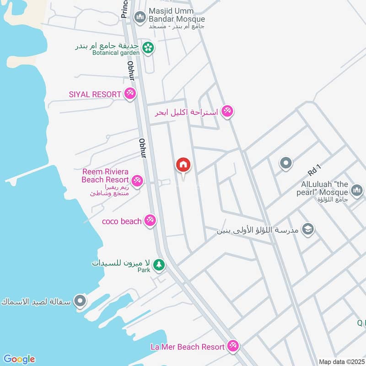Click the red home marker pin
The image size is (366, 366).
183,165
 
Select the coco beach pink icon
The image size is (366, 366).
149,221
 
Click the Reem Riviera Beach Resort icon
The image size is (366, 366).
137,180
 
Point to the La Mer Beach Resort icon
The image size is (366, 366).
233,346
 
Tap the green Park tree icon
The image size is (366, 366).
159,264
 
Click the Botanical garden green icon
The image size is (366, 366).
148,47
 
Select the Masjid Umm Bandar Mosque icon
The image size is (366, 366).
140,17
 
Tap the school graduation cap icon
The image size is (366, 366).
309,229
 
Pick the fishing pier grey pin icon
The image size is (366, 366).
81,301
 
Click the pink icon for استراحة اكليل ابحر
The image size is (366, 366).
227,111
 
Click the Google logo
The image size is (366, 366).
19,359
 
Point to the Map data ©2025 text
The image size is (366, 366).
341,362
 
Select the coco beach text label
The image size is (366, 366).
122,221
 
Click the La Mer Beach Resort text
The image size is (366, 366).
188,347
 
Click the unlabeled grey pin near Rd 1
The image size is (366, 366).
286,162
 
